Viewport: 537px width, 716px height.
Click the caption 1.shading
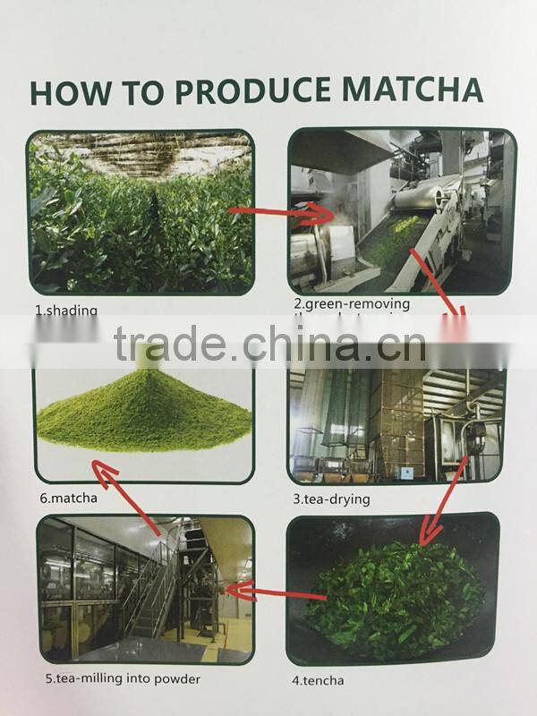65,311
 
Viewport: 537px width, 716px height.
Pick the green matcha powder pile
143,416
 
